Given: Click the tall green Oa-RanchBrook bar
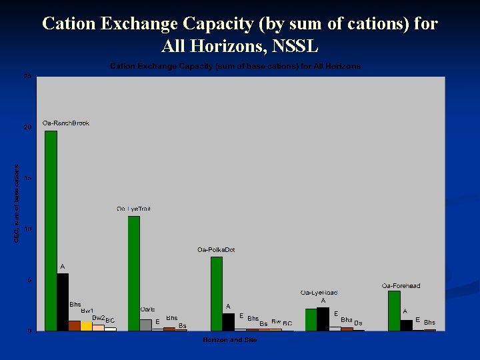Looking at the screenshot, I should click(51, 230).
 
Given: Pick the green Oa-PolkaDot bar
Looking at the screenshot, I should click(217, 293).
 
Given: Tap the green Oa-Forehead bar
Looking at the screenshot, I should click(394, 311).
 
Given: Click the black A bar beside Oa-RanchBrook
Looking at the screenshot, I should click(63, 302).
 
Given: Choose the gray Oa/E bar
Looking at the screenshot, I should click(146, 325).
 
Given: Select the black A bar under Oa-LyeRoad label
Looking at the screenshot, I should click(323, 319).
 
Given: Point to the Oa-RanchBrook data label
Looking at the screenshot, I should click(65, 123).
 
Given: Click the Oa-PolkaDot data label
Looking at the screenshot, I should click(216, 250).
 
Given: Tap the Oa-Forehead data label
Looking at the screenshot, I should click(401, 286).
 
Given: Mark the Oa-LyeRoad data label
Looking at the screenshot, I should click(319, 293).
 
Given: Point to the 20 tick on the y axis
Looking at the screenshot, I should click(27, 127).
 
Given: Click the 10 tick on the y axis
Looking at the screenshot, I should click(27, 229).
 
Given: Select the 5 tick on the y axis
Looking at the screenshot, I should click(29, 280).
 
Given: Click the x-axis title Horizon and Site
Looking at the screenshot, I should click(230, 340).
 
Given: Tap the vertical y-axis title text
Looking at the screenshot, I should click(17, 203).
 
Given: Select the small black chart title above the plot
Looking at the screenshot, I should click(235, 67).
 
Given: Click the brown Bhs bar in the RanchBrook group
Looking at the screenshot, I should click(75, 325).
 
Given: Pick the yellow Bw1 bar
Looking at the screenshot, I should click(87, 326).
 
